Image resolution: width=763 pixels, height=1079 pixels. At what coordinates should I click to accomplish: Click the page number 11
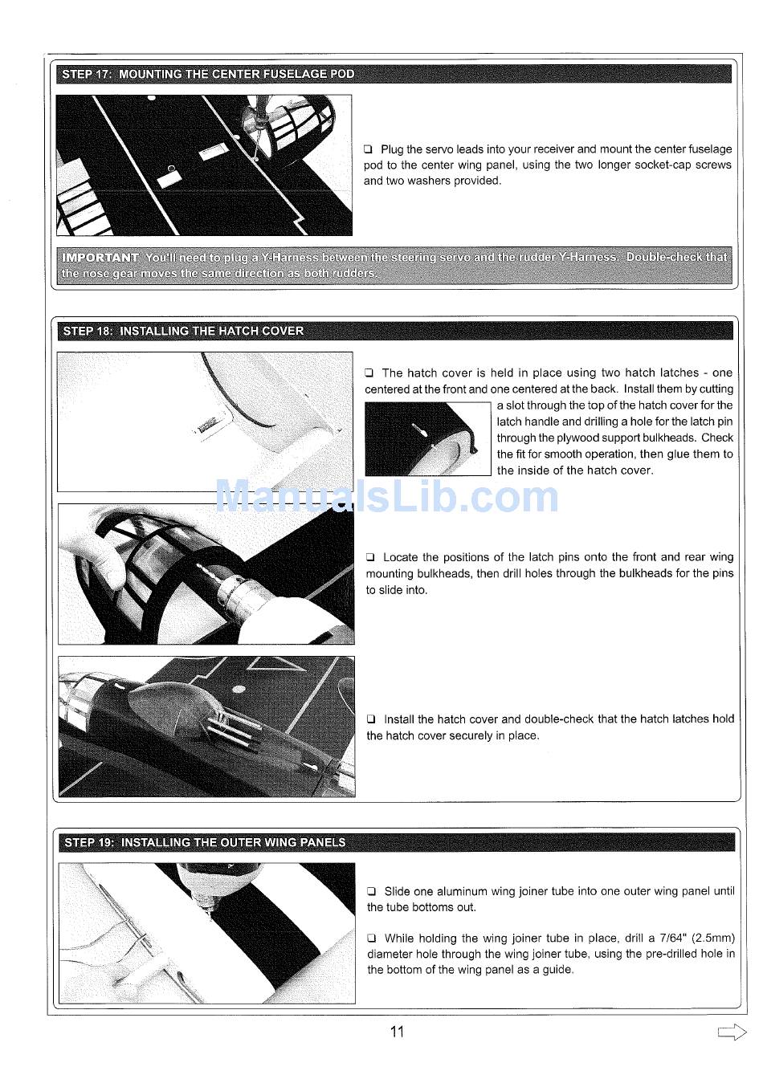pos(397,1032)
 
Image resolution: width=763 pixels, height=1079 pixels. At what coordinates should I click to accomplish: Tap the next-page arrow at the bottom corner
pos(732,1032)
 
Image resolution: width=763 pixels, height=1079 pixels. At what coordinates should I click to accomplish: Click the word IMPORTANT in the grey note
pos(100,258)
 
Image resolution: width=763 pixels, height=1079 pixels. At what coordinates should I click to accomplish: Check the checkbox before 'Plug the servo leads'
pos(369,149)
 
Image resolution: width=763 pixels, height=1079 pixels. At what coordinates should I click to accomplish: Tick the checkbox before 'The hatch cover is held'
pos(369,373)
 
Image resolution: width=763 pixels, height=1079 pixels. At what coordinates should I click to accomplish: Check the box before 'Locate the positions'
pos(370,557)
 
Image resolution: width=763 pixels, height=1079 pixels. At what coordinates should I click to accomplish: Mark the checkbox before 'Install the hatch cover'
pos(371,719)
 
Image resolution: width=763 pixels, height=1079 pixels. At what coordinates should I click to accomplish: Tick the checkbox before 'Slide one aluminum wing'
pos(372,892)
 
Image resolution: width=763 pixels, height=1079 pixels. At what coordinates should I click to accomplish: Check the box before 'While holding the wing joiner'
pos(372,939)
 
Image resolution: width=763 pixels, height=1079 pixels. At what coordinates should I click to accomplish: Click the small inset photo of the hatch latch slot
pos(427,439)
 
